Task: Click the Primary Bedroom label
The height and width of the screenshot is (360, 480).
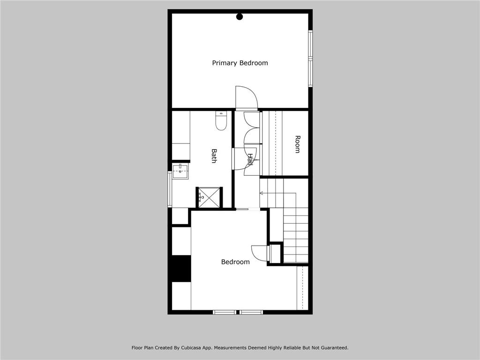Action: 240,63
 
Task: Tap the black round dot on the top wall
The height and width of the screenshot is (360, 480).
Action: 240,16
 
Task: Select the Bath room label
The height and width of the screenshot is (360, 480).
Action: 214,156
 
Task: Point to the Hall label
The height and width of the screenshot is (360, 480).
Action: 250,160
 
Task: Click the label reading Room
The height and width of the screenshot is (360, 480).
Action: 297,144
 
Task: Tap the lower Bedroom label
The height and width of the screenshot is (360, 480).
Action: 235,262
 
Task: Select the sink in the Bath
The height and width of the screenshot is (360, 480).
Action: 180,172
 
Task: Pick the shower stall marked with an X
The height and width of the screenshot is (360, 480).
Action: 209,197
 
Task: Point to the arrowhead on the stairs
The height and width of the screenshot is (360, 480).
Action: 262,193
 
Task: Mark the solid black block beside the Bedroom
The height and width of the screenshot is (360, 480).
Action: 181,269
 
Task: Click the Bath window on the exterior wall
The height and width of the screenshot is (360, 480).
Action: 169,189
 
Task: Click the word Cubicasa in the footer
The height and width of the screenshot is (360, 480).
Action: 192,348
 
